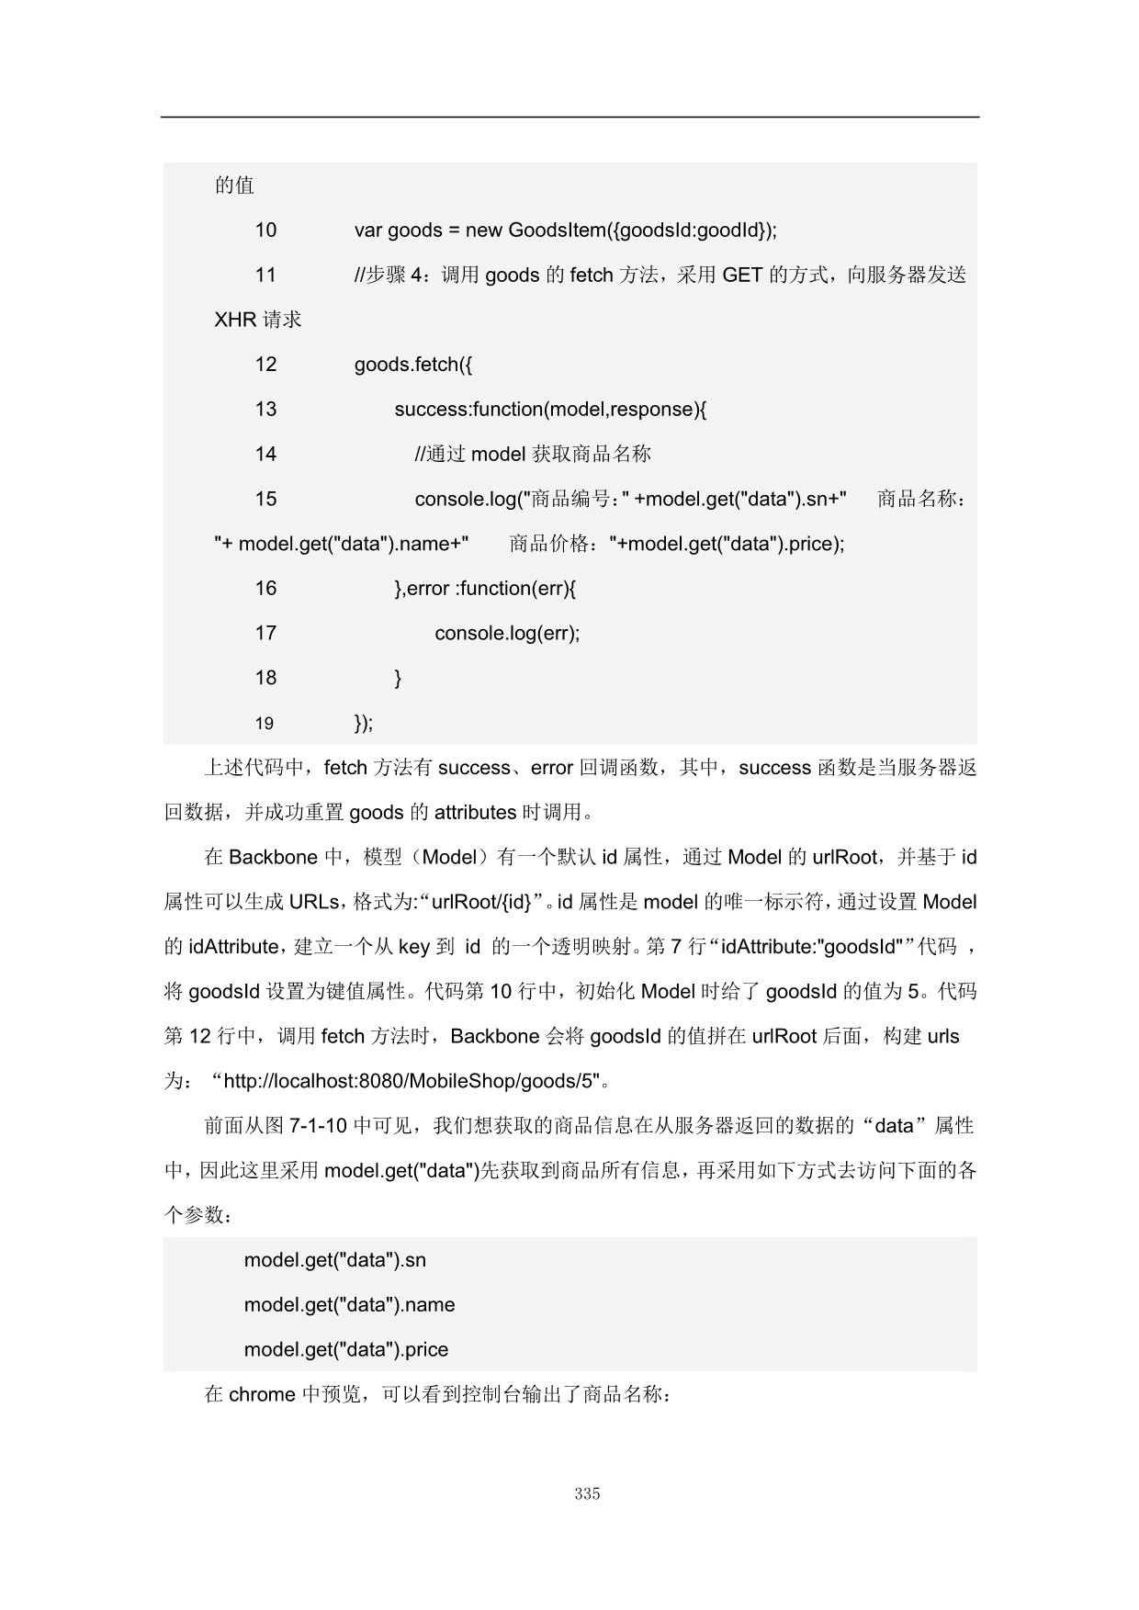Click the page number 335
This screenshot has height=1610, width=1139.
tap(587, 1493)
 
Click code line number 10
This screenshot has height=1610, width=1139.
tap(265, 230)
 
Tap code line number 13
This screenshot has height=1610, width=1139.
tap(265, 409)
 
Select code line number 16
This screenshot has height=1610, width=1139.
tap(265, 588)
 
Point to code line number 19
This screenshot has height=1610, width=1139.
tap(265, 724)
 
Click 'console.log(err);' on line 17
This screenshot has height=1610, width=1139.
tap(507, 633)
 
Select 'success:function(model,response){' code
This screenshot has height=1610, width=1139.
tap(550, 409)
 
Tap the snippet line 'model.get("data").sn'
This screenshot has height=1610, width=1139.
tap(334, 1260)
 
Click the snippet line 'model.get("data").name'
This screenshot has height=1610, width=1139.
tap(349, 1305)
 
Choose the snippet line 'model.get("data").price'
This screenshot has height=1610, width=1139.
tap(346, 1350)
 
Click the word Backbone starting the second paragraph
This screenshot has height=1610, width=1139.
tap(273, 857)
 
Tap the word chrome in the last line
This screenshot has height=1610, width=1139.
tap(262, 1394)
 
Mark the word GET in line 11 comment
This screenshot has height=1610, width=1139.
tap(742, 275)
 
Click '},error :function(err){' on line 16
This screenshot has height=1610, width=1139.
tap(485, 588)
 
